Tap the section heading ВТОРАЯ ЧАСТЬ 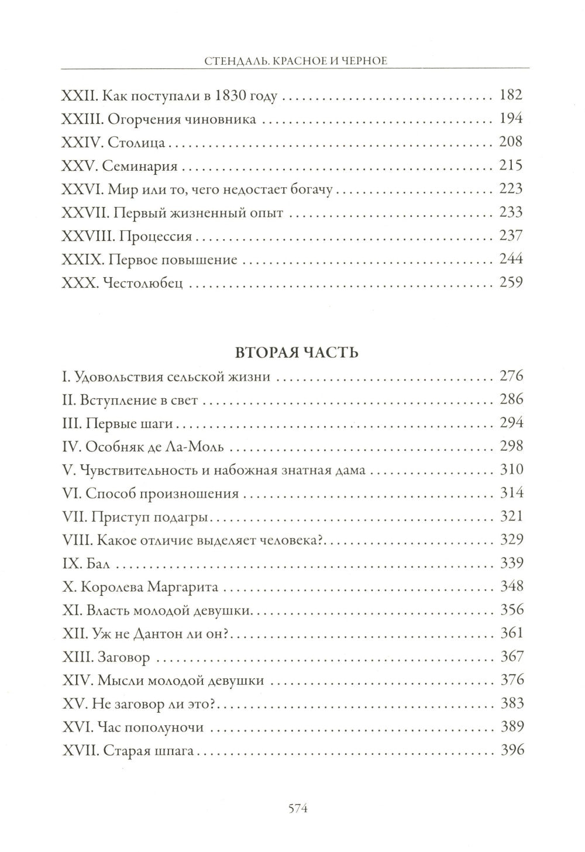tap(292, 352)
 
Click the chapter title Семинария tap(139, 166)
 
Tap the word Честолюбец tap(143, 284)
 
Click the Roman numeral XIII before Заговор tap(73, 657)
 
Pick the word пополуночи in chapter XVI tap(167, 727)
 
